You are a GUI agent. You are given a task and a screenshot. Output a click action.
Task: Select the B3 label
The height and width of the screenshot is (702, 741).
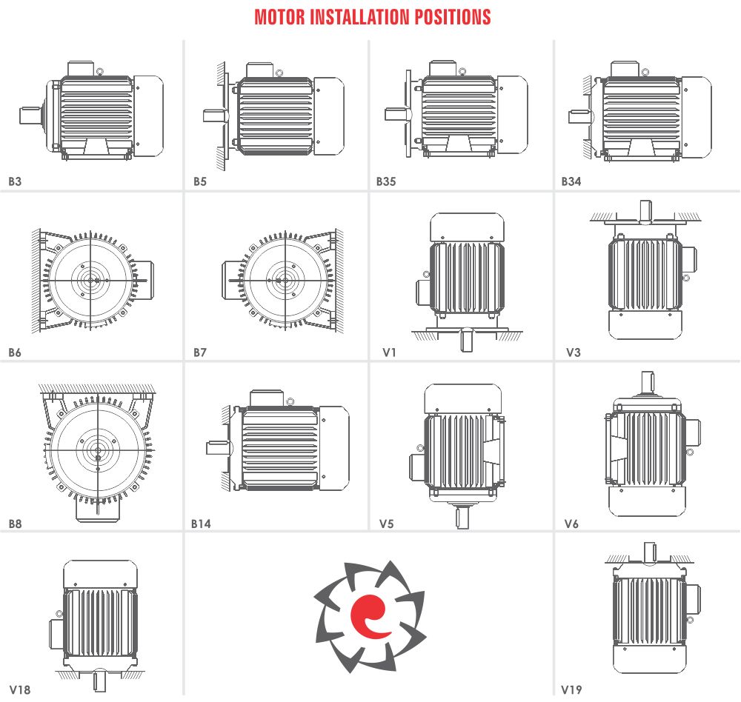(x=15, y=181)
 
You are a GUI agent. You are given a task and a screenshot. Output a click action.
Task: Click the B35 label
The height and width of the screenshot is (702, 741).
(x=386, y=181)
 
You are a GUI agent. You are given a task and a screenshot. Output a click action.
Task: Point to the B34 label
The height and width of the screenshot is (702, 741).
(x=571, y=181)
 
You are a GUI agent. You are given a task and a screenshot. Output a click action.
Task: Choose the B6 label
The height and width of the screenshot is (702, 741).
(x=15, y=352)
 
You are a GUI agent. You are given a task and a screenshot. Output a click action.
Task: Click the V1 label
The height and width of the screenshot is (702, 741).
(x=390, y=352)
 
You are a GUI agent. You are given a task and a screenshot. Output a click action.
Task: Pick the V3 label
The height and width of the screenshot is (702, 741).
(x=574, y=352)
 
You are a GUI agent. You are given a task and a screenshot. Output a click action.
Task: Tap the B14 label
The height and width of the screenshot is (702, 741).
(x=201, y=524)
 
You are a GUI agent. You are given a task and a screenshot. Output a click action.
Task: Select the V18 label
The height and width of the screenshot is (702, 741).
(x=20, y=689)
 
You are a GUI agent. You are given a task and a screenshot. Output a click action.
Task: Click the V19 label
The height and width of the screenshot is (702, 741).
(x=571, y=689)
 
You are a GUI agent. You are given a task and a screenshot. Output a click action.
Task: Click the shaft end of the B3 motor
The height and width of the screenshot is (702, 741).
(x=30, y=116)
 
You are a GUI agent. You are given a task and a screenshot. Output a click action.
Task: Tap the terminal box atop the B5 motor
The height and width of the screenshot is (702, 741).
(x=260, y=70)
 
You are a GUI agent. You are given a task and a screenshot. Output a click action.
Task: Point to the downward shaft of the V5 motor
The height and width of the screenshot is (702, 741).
(x=462, y=518)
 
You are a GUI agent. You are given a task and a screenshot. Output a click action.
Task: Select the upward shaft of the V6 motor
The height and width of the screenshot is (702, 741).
(x=648, y=381)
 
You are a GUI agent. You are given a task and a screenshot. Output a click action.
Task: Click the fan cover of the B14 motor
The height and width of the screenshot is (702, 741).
(x=334, y=448)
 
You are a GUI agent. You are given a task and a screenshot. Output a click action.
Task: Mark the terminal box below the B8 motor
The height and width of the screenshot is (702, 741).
(x=98, y=509)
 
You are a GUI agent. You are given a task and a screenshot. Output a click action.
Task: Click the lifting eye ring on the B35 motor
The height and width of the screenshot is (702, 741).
(x=462, y=71)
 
